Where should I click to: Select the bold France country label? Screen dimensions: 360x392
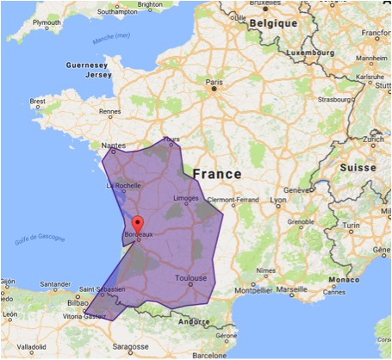point(217,174)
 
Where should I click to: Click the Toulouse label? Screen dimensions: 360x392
point(190,279)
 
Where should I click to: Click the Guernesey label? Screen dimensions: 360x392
point(86,64)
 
